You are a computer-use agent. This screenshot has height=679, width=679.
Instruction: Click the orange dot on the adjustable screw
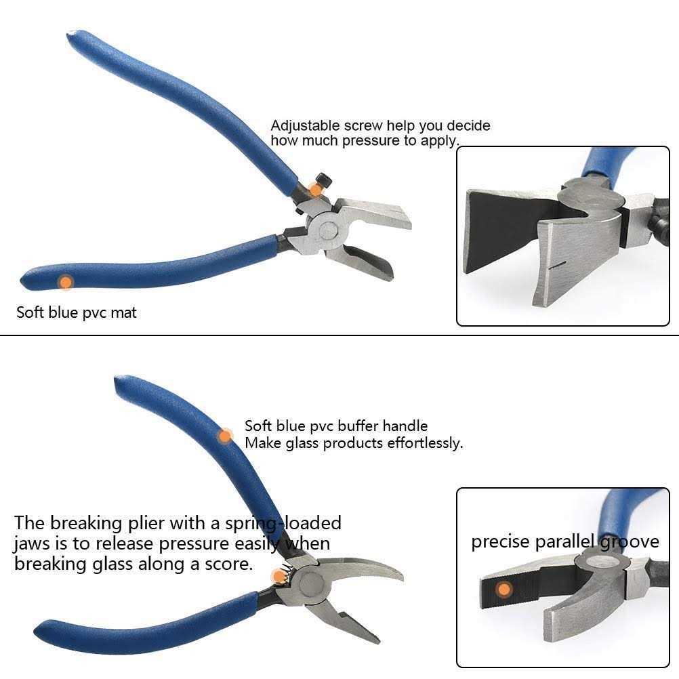click(314, 189)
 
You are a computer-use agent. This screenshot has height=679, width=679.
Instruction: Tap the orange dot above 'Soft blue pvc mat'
click(65, 282)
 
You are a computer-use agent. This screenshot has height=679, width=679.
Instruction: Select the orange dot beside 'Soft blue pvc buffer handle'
click(225, 436)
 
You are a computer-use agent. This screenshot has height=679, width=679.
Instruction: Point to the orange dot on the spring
click(279, 577)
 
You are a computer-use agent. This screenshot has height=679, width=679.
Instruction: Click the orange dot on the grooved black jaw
click(503, 589)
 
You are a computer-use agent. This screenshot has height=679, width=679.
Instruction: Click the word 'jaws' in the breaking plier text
click(31, 543)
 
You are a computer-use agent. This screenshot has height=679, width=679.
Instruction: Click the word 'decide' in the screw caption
click(468, 126)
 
